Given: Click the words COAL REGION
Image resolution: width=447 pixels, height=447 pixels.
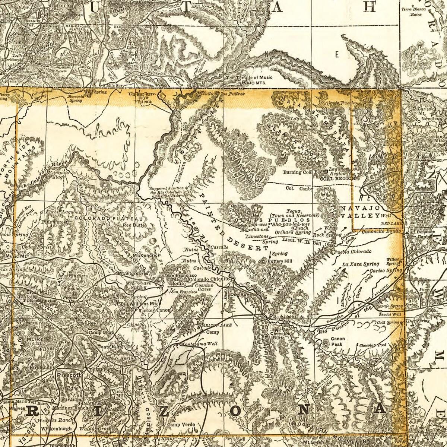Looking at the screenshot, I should click(337, 178).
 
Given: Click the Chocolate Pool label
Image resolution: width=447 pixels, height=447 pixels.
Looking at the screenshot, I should click(374, 345).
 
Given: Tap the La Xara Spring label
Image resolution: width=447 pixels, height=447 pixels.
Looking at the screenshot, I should click(358, 264).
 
